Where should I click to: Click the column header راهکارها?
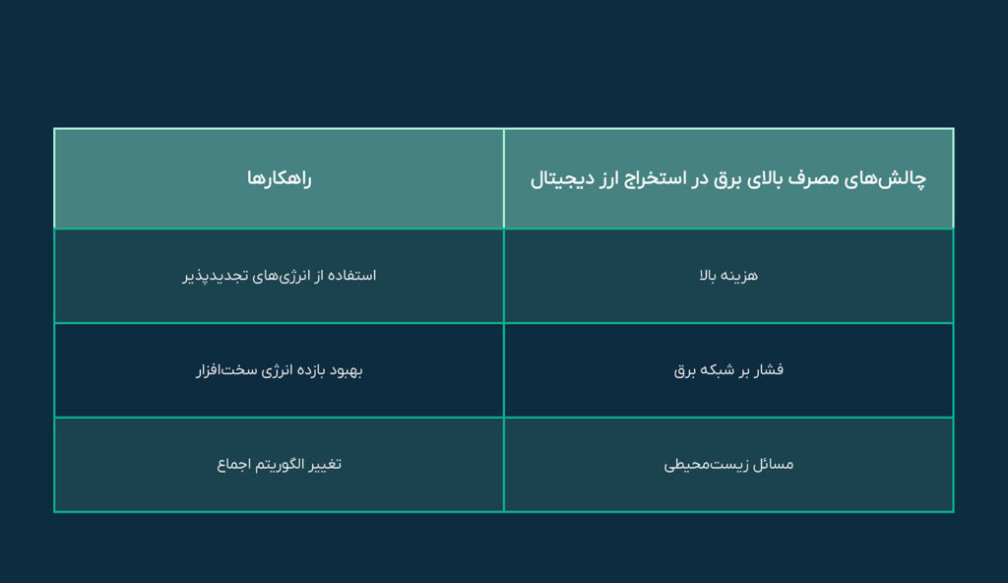pos(279,179)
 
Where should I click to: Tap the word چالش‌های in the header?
pos(889,179)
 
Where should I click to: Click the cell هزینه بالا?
pos(728,276)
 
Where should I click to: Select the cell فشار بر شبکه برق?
pos(728,370)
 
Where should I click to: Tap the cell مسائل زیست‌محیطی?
pos(728,464)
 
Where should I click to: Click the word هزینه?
pos(740,276)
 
